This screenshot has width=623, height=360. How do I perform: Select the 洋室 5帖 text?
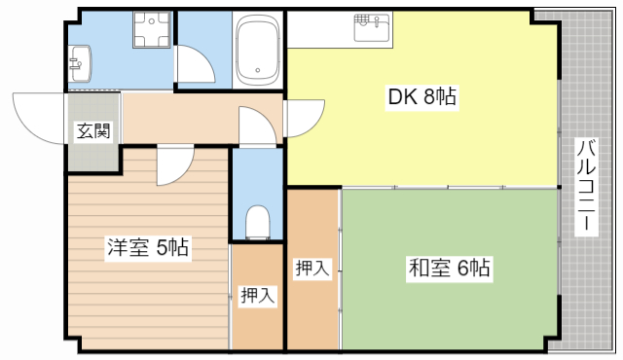(148, 248)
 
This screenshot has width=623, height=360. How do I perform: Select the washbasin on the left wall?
(79, 65)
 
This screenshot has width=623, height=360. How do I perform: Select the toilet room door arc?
(255, 124)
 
